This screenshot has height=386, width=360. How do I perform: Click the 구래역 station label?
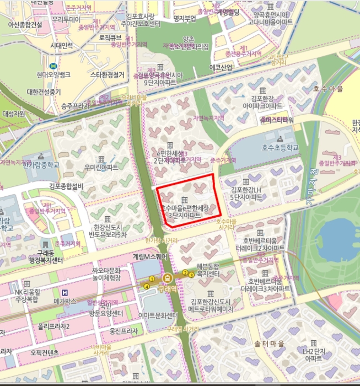165,288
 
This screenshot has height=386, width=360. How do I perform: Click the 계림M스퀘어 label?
149,256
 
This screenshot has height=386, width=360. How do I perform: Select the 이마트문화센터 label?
159,315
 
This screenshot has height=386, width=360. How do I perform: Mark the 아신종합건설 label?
25,24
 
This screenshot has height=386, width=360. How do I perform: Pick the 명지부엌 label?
185,19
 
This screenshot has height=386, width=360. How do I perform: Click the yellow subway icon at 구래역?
165,277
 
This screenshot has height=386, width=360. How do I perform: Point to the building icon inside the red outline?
184,199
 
